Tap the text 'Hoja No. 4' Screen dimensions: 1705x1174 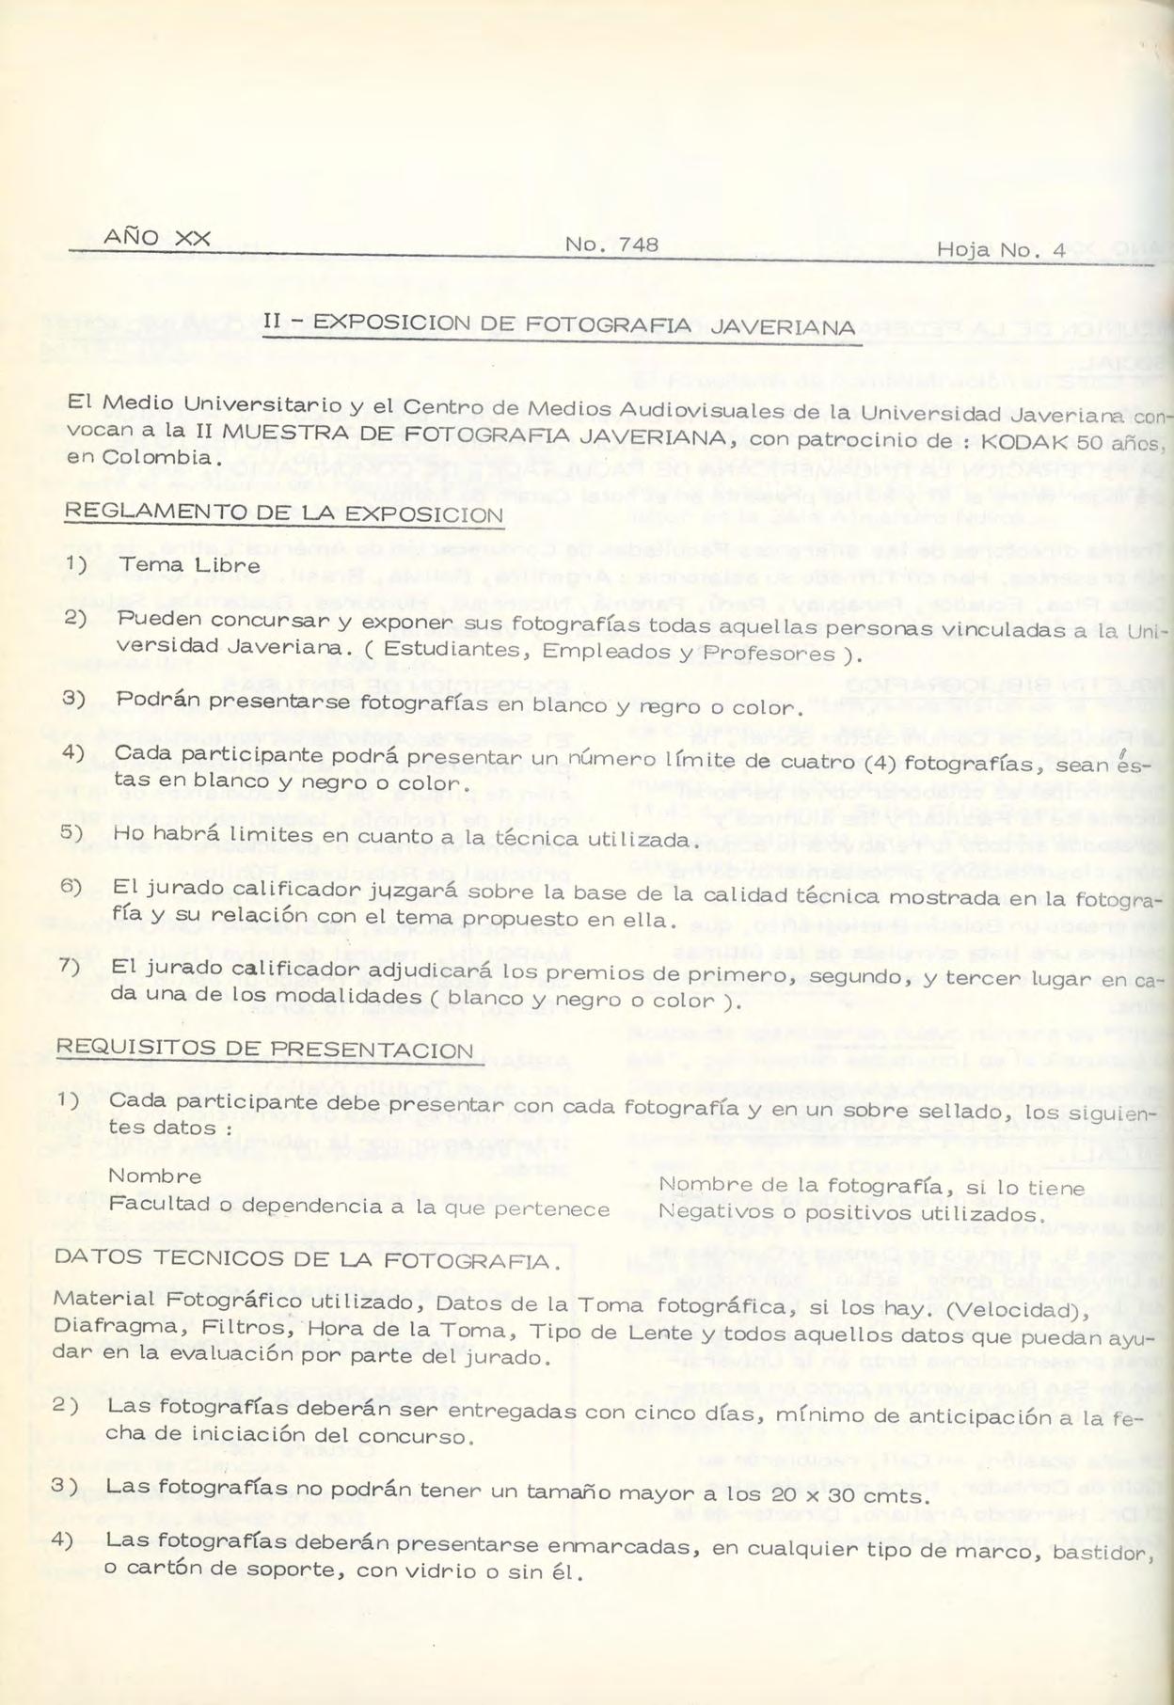pos(1001,250)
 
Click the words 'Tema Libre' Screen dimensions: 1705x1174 pos(191,565)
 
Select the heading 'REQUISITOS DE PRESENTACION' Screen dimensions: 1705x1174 pos(264,1049)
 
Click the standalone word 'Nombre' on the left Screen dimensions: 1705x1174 pos(154,1176)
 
